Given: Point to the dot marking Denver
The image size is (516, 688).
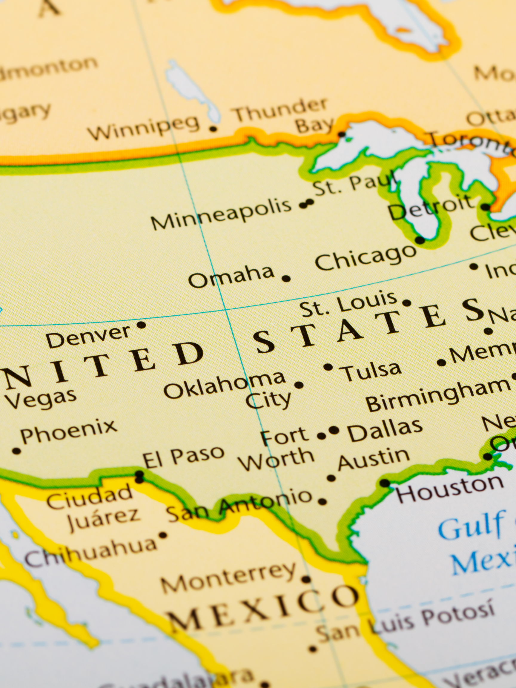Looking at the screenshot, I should click(141, 325).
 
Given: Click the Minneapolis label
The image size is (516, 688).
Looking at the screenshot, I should click(221, 214).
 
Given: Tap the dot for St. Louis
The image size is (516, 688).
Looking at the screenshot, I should click(406, 302).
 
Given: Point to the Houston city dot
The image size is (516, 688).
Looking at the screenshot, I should click(385, 483).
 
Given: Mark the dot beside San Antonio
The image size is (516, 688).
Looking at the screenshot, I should click(322, 501).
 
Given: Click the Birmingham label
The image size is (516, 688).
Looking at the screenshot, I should click(439, 394).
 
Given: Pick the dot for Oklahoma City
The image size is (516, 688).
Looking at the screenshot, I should click(299, 385).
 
